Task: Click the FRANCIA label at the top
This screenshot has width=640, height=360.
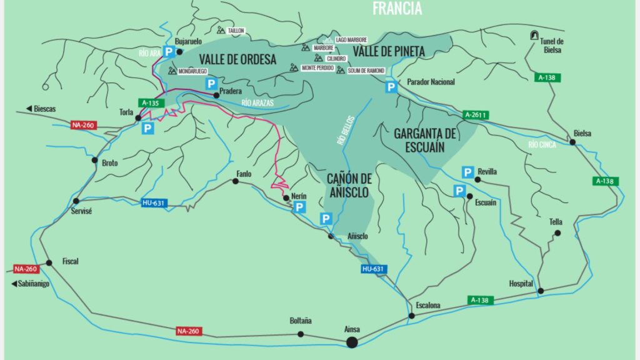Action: coord(397,8)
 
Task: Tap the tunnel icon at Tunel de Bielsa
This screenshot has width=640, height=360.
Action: coord(534,35)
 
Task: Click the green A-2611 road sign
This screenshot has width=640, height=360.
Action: coord(476,115)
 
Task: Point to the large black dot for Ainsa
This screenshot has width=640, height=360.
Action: coord(352,342)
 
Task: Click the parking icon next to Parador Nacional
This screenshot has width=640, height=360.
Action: coord(391,87)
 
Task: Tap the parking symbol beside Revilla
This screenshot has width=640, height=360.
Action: coord(467,172)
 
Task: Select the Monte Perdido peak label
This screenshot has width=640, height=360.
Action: coord(317,67)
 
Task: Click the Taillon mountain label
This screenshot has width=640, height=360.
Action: coord(236,30)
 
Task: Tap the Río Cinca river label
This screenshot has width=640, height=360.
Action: coord(541,145)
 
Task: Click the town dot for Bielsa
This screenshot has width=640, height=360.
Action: coord(572,142)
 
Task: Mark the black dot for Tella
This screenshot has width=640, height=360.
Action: coord(557,233)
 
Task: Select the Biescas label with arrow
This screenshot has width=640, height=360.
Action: coord(41,109)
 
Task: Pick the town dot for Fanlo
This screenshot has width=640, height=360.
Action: coord(236,181)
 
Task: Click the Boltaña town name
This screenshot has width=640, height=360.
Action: coord(301,321)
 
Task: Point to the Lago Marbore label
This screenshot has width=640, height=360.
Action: coord(351,40)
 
